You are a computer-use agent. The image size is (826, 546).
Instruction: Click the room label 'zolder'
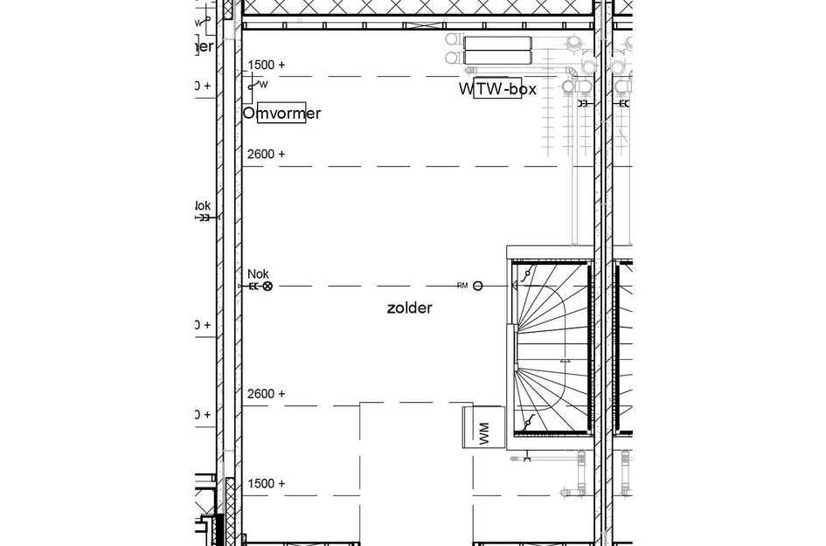[409, 308]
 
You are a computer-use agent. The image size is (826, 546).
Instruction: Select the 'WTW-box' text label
[497, 89]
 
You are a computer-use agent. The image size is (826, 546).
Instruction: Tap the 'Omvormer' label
[281, 114]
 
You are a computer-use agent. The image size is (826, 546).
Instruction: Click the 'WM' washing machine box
[483, 429]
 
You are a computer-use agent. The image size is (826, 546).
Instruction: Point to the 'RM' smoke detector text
[462, 286]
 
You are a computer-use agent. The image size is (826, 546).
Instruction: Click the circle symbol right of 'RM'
[478, 286]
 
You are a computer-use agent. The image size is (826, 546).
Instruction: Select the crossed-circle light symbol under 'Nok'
[267, 286]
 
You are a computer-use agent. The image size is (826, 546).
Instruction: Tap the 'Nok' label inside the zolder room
[258, 273]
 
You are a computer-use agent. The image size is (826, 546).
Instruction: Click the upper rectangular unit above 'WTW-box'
[497, 43]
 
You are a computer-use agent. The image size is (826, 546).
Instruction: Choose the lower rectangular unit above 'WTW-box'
[497, 59]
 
